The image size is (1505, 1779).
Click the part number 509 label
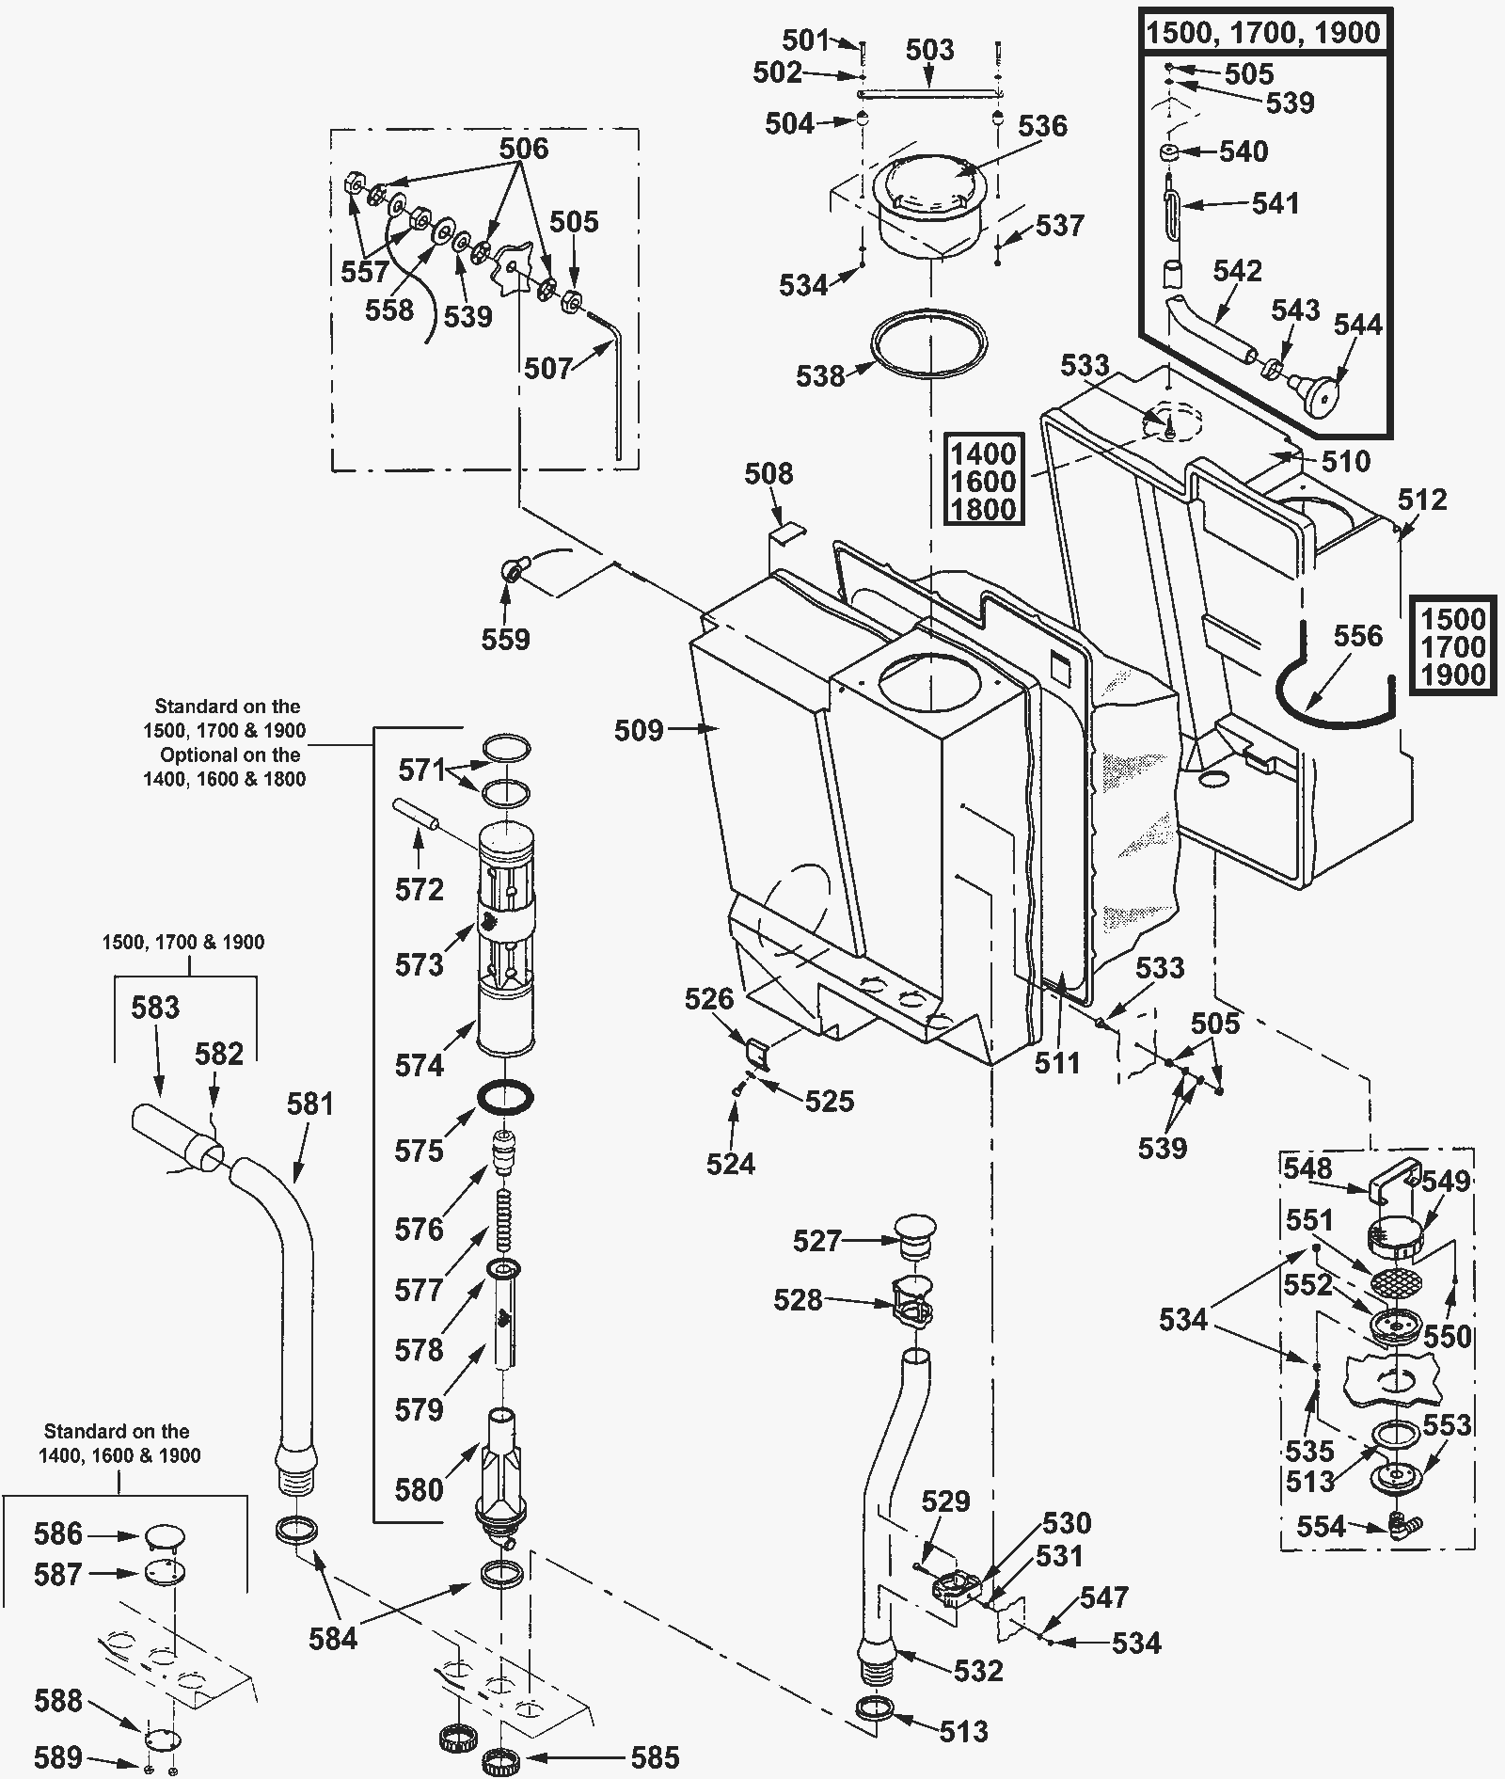pos(639,730)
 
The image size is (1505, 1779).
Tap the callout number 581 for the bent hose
pos(309,1103)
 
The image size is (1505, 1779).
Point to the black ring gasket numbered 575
pos(506,1097)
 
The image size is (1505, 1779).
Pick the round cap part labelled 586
pos(164,1536)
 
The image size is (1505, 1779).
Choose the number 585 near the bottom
pos(655,1757)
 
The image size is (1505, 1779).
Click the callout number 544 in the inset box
pos(1358,325)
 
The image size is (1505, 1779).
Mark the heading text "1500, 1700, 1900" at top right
pos(1262,33)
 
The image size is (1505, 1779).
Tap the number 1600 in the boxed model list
pos(983,482)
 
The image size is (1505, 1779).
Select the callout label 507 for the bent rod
pos(548,368)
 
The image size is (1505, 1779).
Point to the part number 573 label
pos(419,965)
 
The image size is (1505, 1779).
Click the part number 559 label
pos(505,640)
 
